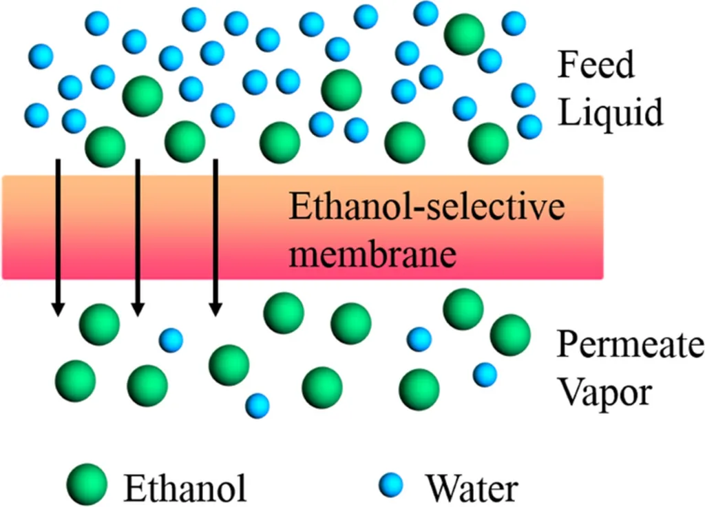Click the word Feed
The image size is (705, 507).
pyautogui.click(x=595, y=67)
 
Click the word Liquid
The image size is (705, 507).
pyautogui.click(x=610, y=112)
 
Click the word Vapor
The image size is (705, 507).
pyautogui.click(x=603, y=393)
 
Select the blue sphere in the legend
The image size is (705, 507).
pyautogui.click(x=393, y=485)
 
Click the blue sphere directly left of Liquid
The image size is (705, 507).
pyautogui.click(x=529, y=126)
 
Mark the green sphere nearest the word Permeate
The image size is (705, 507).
pyautogui.click(x=510, y=335)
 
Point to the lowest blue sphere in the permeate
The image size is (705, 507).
pyautogui.click(x=257, y=405)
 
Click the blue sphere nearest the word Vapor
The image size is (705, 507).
pyautogui.click(x=485, y=374)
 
